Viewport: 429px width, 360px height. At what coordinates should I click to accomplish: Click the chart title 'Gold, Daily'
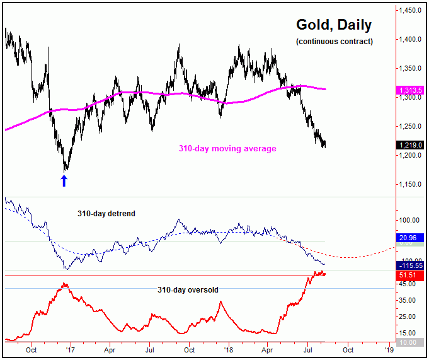click(334, 25)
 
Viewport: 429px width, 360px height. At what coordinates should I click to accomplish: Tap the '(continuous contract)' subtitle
click(334, 42)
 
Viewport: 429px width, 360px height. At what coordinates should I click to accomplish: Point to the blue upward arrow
click(64, 181)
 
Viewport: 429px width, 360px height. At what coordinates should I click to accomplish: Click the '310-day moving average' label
click(226, 149)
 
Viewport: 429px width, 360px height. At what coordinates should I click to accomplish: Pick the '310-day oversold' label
click(188, 290)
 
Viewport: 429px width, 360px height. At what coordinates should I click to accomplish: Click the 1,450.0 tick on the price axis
click(410, 11)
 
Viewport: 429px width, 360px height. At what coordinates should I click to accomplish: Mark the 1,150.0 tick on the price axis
click(410, 185)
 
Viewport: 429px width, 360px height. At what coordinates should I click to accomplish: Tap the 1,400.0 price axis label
click(410, 40)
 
